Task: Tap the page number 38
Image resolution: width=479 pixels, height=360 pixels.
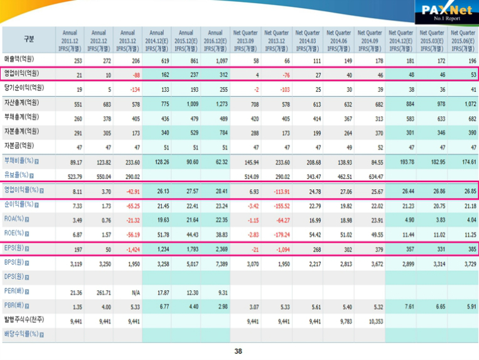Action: pyautogui.click(x=238, y=351)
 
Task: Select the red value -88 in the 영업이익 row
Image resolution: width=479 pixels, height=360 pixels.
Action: pyautogui.click(x=129, y=74)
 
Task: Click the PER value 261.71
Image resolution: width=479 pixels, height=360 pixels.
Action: pyautogui.click(x=99, y=292)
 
